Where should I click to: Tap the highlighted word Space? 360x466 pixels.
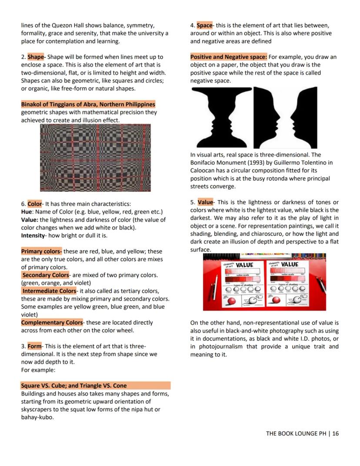204,25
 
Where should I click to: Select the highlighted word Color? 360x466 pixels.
35,204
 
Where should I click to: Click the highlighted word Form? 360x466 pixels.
34,346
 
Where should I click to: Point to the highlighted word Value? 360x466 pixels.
205,202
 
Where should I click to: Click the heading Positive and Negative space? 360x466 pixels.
228,57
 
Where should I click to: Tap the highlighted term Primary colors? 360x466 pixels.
41,251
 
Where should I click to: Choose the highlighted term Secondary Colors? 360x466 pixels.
46,275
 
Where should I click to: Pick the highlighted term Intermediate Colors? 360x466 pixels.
49,291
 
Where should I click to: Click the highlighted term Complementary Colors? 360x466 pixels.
52,322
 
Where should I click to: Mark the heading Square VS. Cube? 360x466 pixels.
74,386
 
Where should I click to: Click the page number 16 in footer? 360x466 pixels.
335,433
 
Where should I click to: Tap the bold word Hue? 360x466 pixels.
27,212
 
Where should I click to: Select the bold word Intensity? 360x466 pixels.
33,235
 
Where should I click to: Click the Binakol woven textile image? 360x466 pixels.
95,158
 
